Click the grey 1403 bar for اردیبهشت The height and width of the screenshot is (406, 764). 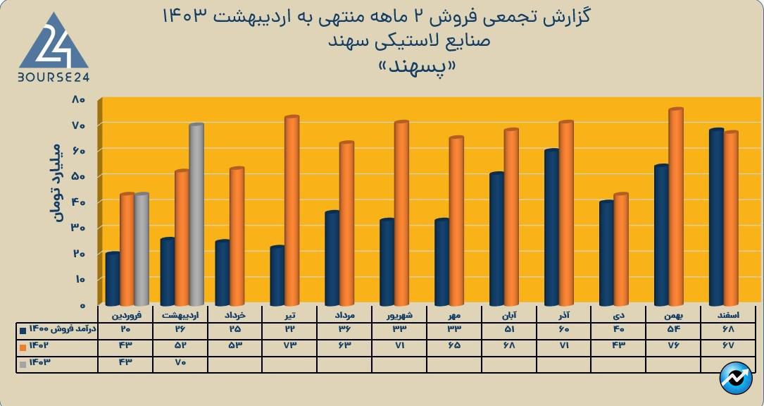196,215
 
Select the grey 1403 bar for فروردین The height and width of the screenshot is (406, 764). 142,250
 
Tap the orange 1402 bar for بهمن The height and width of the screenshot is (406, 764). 676,207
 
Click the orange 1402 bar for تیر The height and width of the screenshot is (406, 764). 292,211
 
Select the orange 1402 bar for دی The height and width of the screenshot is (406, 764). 620,250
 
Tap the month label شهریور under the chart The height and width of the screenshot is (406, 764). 400,315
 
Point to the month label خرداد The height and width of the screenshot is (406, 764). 235,315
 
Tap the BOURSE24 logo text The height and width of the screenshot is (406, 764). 54,76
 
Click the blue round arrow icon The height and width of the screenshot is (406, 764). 736,378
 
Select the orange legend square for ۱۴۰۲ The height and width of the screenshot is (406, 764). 23,346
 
